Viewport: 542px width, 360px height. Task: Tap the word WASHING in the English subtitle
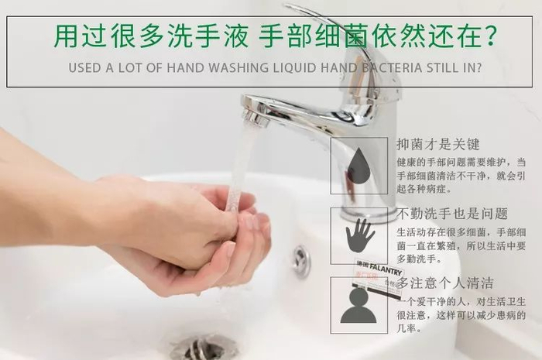pos(238,67)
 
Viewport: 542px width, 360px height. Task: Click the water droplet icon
pos(358,165)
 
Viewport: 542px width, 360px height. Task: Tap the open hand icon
pos(359,235)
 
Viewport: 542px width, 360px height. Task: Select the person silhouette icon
pos(358,306)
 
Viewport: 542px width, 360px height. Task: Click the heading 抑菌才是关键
pos(438,145)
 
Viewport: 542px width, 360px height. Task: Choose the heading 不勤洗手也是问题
pos(451,214)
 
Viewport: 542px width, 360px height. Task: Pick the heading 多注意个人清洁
pos(445,283)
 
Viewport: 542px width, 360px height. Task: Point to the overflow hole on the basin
pos(301,261)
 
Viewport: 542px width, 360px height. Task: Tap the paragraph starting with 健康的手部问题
pos(461,176)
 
